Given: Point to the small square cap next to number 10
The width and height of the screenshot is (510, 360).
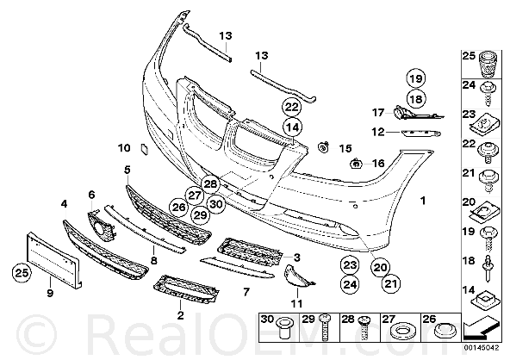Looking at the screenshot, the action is tap(144, 149).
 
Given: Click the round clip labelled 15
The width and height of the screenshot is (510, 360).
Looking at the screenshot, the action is tap(323, 147).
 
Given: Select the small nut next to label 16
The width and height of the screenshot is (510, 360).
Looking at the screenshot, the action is tap(356, 164).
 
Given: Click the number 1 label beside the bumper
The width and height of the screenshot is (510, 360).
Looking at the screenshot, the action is tap(423, 201).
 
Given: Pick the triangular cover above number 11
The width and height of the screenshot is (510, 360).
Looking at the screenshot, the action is tap(298, 276).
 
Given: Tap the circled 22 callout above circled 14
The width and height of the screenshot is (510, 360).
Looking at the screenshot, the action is tap(292, 107).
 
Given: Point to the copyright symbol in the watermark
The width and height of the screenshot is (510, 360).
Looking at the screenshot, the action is tap(36, 335).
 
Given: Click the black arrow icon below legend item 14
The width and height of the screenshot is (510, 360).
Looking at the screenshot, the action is tap(481, 329).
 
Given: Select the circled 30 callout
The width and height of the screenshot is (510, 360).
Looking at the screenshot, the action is tap(215, 204).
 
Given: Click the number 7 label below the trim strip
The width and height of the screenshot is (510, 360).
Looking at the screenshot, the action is tap(246, 292).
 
